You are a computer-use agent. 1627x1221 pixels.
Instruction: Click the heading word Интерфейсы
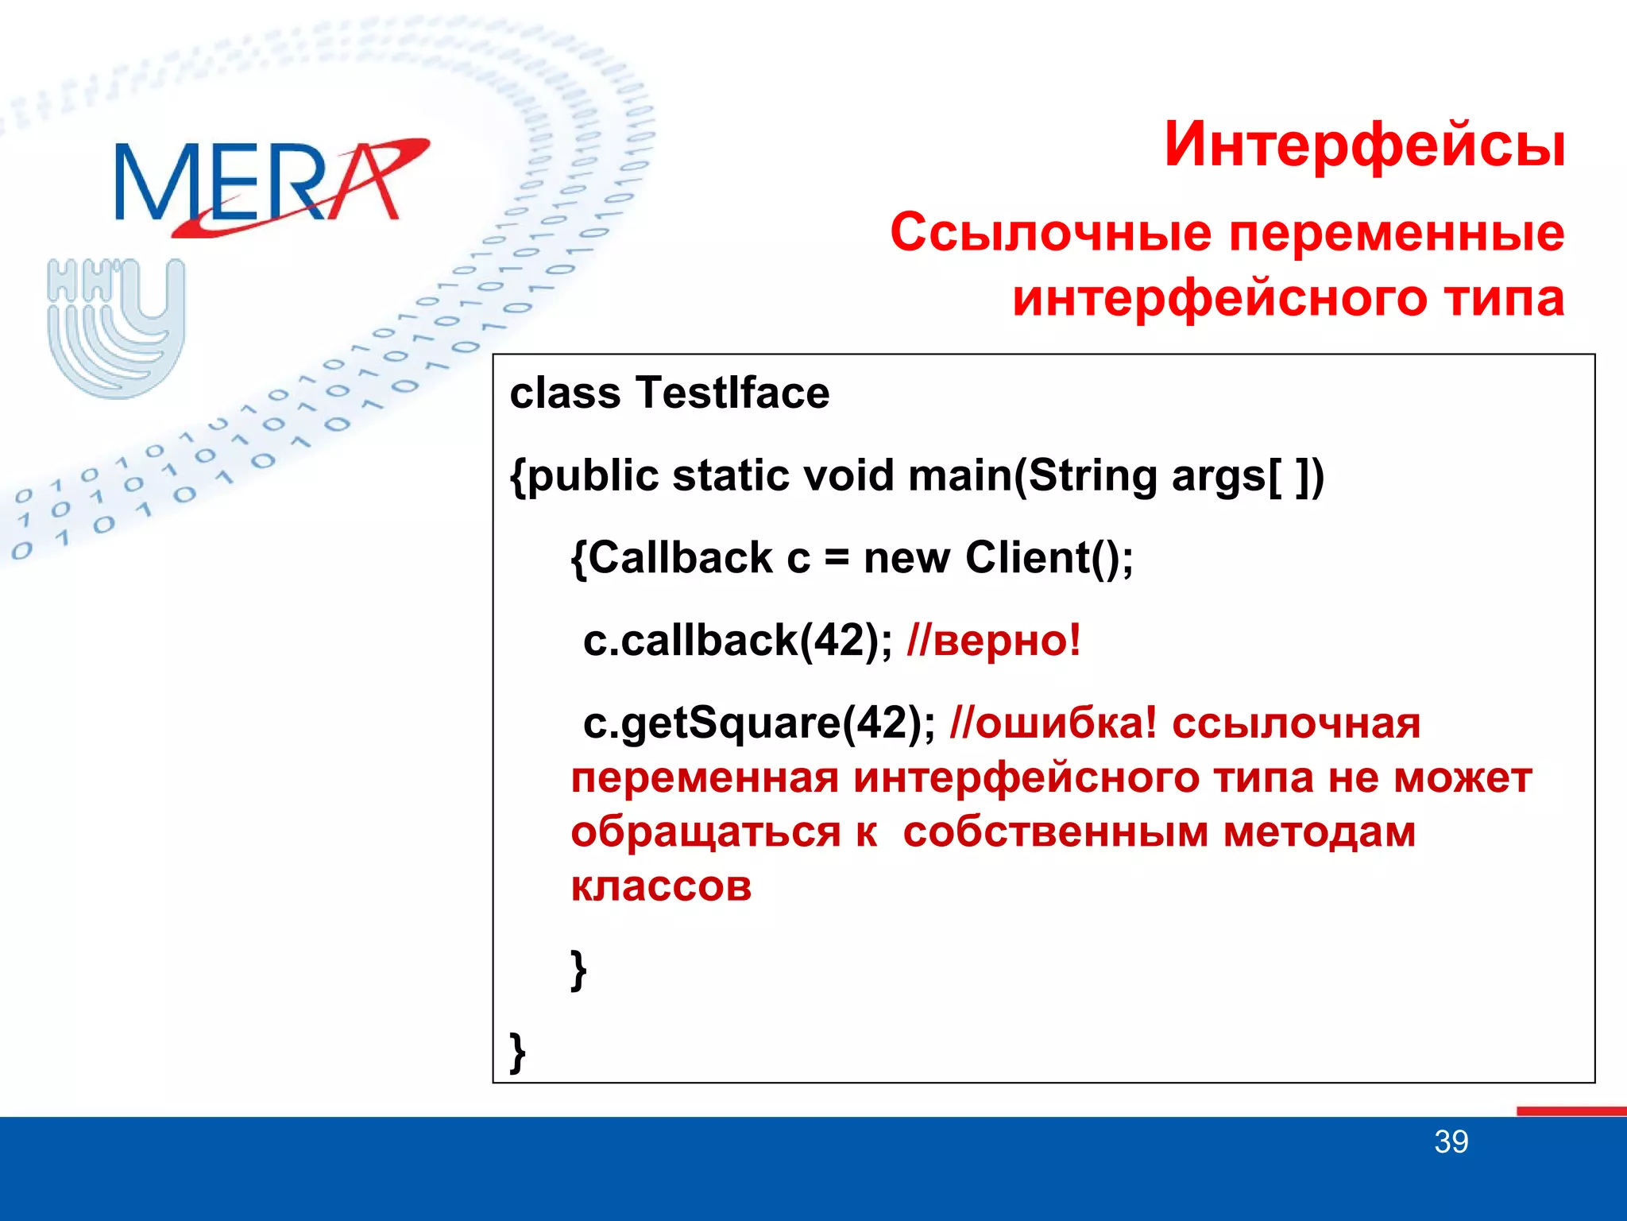(x=1364, y=145)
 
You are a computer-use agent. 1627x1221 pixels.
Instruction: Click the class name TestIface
(x=732, y=393)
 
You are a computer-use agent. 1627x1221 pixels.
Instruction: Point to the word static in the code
(x=730, y=476)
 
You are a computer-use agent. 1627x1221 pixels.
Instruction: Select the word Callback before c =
(x=680, y=558)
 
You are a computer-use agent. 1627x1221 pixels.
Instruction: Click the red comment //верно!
(x=993, y=641)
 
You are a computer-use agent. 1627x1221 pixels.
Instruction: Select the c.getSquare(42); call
(x=759, y=723)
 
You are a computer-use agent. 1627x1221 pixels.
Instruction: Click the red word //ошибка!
(x=1053, y=723)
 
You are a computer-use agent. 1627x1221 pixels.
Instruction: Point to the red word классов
(x=661, y=886)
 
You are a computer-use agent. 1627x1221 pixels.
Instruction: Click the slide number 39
(x=1451, y=1142)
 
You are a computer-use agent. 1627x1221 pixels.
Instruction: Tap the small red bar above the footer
(x=1571, y=1111)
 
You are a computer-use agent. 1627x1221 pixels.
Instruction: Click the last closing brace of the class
(x=517, y=1052)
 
